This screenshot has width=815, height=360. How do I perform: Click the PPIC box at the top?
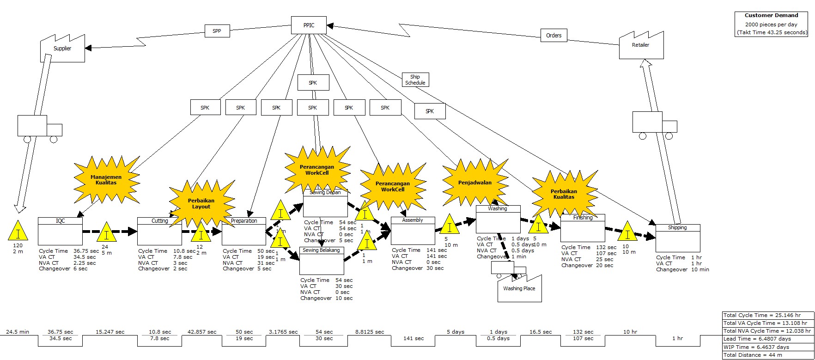point(309,25)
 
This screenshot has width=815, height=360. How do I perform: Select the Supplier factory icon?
point(62,49)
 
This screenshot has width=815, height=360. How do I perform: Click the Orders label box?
point(553,36)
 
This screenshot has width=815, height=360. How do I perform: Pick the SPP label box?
point(217,31)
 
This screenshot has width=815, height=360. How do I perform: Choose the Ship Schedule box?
point(415,80)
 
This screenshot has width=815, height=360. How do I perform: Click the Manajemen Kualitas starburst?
point(106,180)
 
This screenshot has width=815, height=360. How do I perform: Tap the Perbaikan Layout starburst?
point(201,204)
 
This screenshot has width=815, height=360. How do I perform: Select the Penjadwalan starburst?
point(474,183)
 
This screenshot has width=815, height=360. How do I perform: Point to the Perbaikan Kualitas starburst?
point(564,194)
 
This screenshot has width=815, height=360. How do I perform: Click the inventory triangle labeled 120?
point(18,231)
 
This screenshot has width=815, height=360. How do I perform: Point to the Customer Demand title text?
point(771,16)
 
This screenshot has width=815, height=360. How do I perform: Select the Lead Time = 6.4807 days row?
point(767,339)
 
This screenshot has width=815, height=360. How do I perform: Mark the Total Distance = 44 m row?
point(767,355)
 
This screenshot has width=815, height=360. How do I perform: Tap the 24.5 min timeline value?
point(18,332)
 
